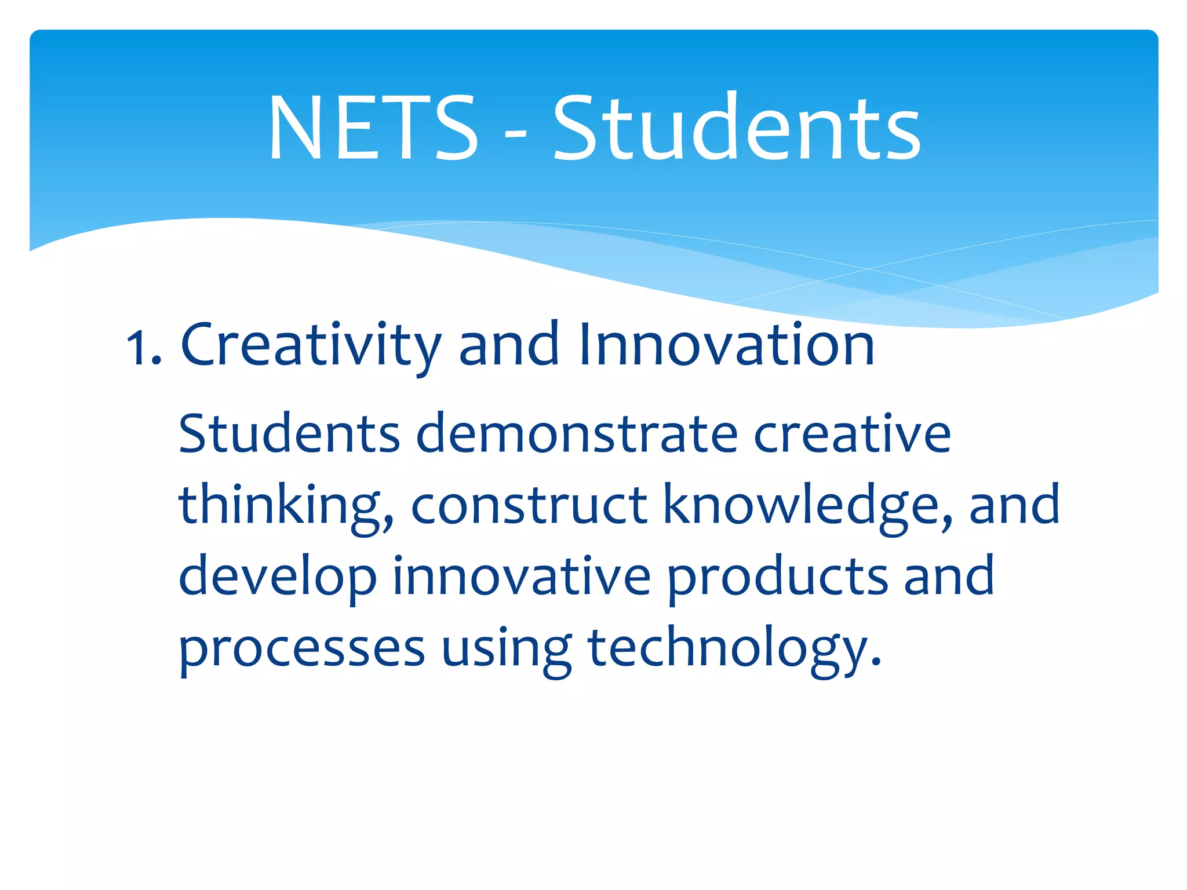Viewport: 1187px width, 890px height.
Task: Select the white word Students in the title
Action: [736, 127]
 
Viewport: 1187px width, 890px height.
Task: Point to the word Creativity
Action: [311, 345]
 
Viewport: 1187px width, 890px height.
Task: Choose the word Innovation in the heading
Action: [726, 345]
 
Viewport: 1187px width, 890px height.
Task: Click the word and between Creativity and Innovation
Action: [509, 345]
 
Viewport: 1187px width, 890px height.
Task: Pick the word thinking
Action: [286, 505]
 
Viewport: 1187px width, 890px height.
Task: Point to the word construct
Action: [529, 505]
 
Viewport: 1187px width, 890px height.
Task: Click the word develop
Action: [278, 577]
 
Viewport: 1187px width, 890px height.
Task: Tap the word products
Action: [777, 577]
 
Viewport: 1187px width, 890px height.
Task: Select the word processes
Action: [301, 649]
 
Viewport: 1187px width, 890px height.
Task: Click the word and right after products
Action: [949, 576]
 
